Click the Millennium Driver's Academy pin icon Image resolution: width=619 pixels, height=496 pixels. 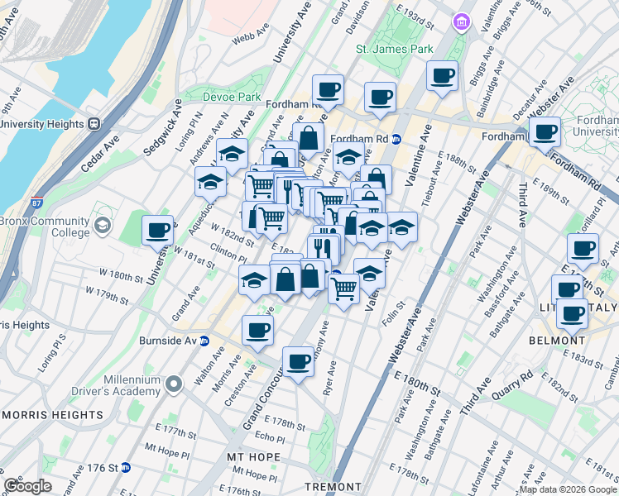point(174,384)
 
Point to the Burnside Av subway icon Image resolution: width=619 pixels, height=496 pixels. point(206,340)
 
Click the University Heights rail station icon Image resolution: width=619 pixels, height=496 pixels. point(94,124)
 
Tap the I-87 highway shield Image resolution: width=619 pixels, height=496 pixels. point(37,203)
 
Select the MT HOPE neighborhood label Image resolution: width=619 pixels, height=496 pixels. point(252,456)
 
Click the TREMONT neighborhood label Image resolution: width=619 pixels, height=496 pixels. point(330,487)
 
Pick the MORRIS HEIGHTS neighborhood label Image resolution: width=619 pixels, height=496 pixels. point(52,414)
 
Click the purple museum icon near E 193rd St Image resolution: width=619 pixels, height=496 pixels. point(460,22)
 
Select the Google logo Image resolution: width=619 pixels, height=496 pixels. point(27,487)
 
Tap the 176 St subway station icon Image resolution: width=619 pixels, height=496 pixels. point(126,468)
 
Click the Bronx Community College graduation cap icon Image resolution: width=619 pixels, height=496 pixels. point(103,225)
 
